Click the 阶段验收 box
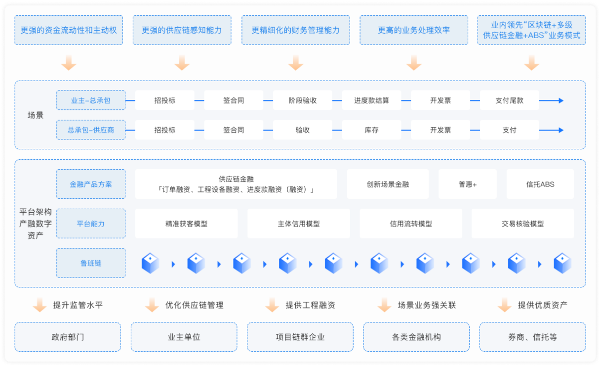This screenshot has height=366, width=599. [x=302, y=100]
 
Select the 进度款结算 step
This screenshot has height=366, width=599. [x=371, y=100]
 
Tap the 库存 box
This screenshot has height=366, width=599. [x=371, y=130]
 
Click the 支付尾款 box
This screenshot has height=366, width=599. [x=509, y=100]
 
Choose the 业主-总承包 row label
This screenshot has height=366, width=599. [x=91, y=100]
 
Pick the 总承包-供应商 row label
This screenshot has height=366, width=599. [x=91, y=130]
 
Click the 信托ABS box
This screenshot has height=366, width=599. [x=540, y=184]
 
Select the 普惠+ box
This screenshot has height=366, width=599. [x=468, y=184]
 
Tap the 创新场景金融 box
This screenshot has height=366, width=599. [x=388, y=184]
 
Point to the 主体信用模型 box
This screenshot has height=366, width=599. [x=298, y=224]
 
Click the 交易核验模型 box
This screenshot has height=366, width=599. [x=522, y=224]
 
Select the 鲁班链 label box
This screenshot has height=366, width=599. [x=91, y=263]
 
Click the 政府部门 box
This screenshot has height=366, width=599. [x=68, y=337]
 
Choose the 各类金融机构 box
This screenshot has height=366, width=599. [x=416, y=337]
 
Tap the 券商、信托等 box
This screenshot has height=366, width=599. [x=532, y=337]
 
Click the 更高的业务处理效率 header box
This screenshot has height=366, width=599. [x=414, y=30]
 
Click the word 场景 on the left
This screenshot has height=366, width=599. [x=36, y=115]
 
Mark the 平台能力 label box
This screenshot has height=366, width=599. [x=91, y=224]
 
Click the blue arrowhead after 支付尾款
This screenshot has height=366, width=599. [x=560, y=100]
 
